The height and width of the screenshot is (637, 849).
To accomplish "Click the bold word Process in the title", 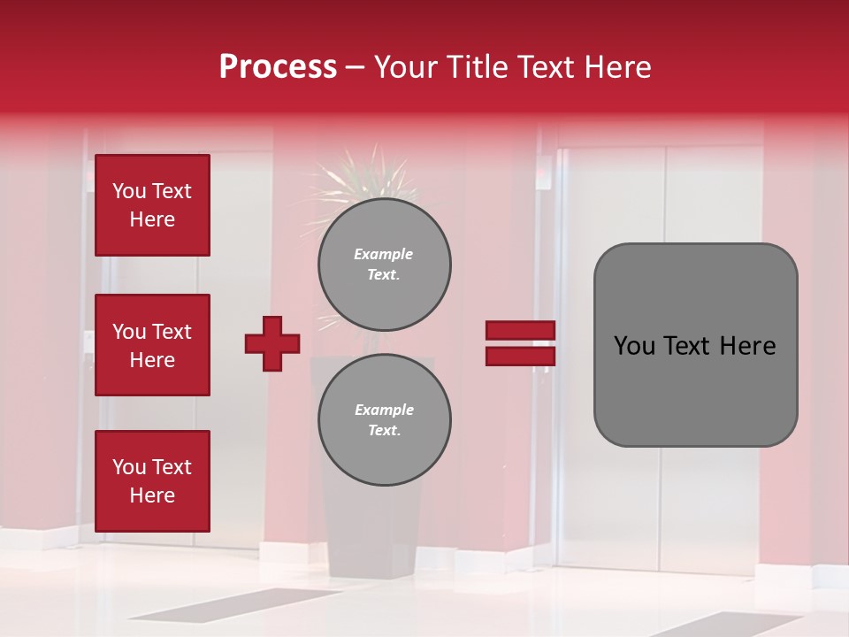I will (278, 67).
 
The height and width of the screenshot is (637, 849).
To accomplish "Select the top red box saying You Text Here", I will (152, 205).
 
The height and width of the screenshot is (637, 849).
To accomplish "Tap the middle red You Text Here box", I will (152, 345).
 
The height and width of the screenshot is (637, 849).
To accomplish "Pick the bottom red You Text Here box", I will (152, 481).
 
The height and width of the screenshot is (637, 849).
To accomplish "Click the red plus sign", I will (272, 343).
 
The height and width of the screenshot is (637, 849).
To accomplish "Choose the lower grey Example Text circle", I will (384, 420).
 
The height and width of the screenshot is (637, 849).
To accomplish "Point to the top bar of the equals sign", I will (520, 331).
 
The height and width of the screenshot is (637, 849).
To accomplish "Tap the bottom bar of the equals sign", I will (520, 356).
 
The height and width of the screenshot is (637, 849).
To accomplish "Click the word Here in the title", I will (617, 67).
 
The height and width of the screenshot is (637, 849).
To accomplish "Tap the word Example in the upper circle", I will (384, 254).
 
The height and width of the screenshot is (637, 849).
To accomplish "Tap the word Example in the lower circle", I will (384, 410).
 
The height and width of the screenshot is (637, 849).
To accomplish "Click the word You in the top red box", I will (129, 191).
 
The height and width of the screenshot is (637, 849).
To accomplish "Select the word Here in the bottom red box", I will (152, 495).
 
